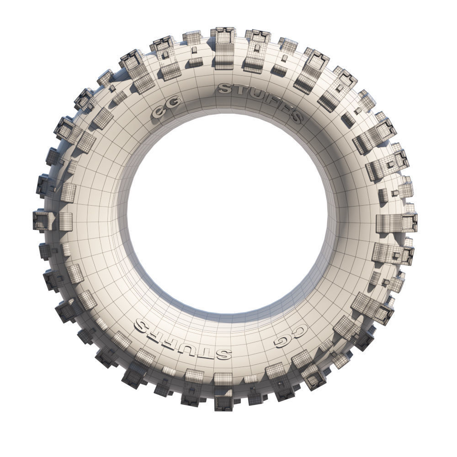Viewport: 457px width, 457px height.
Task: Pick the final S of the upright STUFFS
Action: click(x=295, y=117)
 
